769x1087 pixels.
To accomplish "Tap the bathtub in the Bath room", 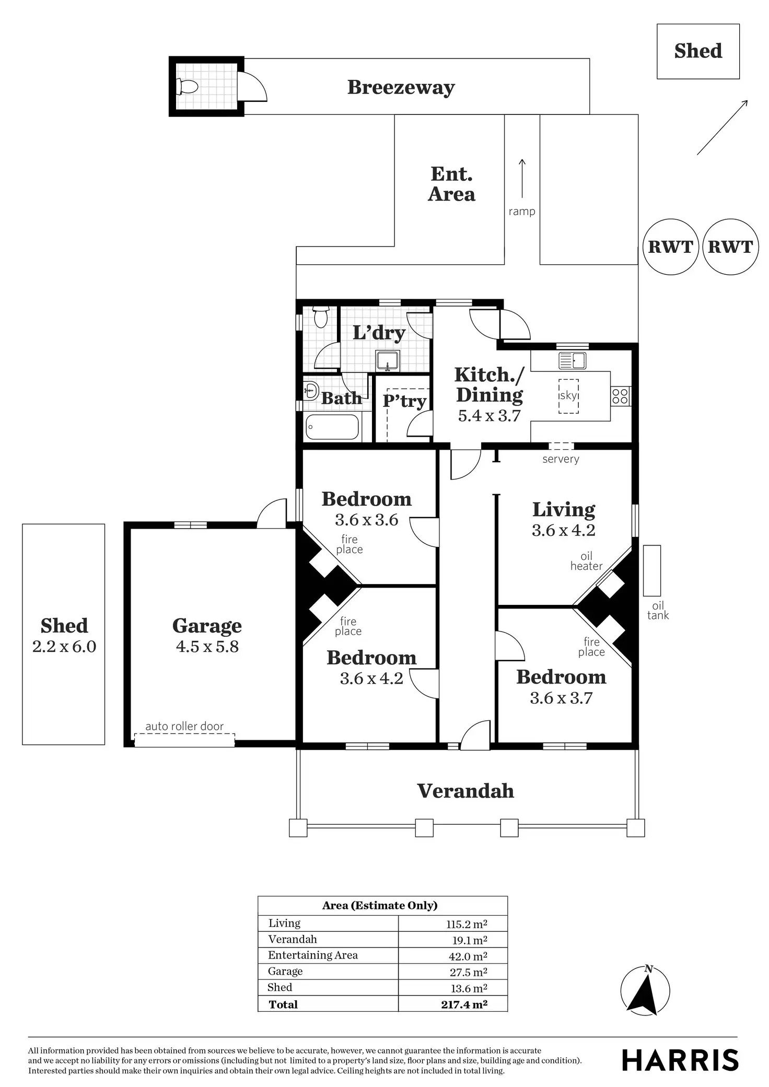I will [x=332, y=427].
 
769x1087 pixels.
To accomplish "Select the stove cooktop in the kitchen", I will [x=620, y=396].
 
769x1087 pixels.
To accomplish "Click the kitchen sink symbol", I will [x=572, y=360].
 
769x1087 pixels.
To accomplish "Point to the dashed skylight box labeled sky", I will [x=568, y=396].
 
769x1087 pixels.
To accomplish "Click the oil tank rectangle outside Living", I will [x=651, y=570].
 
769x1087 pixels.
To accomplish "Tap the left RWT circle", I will [x=670, y=247].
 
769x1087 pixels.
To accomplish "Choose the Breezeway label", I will [x=401, y=87].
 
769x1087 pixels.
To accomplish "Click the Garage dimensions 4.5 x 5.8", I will [x=207, y=647].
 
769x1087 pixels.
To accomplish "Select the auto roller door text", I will [x=184, y=726].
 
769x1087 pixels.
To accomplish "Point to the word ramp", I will [x=521, y=212].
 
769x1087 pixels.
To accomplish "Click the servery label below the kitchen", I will [x=561, y=459].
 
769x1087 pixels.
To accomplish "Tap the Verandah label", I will [x=465, y=791].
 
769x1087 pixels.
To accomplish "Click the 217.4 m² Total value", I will [x=464, y=1004].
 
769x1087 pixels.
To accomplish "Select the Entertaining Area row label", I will [x=312, y=955].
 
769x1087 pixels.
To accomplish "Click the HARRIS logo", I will [x=680, y=1060].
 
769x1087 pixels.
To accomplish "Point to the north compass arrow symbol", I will [x=644, y=992].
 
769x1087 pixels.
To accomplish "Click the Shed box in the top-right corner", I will [x=697, y=51].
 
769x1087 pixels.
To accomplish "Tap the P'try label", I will [x=404, y=401].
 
